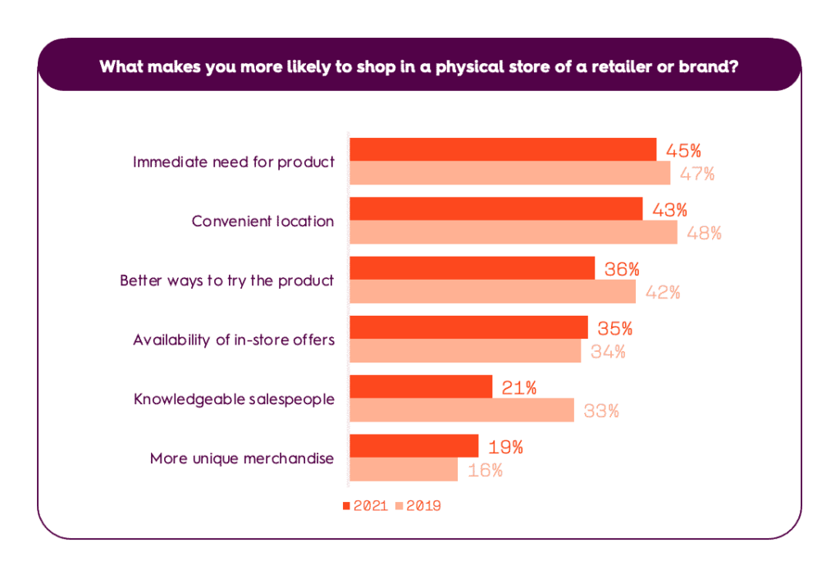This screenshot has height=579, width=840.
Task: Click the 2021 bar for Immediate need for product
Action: (503, 149)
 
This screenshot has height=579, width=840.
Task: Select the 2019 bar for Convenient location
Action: (514, 232)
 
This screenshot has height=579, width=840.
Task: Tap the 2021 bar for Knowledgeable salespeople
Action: (421, 387)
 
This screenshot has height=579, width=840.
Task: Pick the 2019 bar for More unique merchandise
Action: (404, 470)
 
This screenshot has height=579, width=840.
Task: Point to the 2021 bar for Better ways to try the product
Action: (472, 268)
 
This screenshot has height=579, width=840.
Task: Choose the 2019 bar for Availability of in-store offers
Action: (465, 351)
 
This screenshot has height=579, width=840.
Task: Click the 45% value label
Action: (683, 151)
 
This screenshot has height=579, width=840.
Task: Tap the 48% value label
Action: (704, 233)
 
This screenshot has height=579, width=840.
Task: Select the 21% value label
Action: (518, 388)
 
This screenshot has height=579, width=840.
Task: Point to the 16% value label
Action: (485, 471)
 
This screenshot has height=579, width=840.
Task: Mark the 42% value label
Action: (662, 292)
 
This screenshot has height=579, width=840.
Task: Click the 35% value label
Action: (614, 328)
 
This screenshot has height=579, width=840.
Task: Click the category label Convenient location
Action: (262, 221)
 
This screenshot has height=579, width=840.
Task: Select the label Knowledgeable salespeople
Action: (234, 399)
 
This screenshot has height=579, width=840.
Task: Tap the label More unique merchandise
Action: (242, 458)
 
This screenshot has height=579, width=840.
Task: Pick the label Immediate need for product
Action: (234, 162)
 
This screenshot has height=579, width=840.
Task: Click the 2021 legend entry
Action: (364, 506)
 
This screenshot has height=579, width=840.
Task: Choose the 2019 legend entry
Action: (418, 506)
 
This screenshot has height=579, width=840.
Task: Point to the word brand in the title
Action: (709, 66)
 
